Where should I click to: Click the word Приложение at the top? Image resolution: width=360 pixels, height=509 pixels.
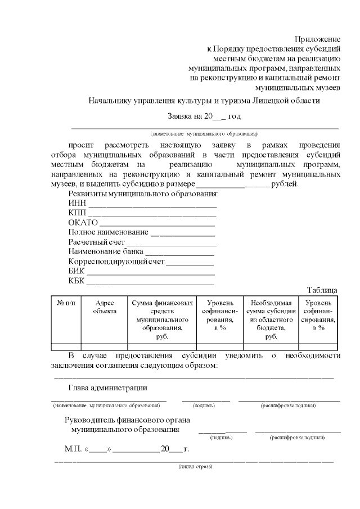318,39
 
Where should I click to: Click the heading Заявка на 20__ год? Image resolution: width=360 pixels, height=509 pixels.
204,116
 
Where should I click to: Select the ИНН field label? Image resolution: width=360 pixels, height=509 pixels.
77,203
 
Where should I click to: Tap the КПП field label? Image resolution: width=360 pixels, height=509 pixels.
78,213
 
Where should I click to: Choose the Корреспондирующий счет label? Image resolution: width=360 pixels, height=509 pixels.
116,262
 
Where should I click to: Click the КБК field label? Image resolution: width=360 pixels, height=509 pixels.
77,281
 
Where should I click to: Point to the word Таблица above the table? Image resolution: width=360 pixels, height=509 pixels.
322,290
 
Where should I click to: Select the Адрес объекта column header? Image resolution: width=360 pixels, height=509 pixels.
105,307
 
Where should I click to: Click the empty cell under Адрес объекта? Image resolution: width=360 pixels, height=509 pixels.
105,346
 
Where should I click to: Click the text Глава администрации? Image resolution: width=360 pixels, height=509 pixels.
107,388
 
